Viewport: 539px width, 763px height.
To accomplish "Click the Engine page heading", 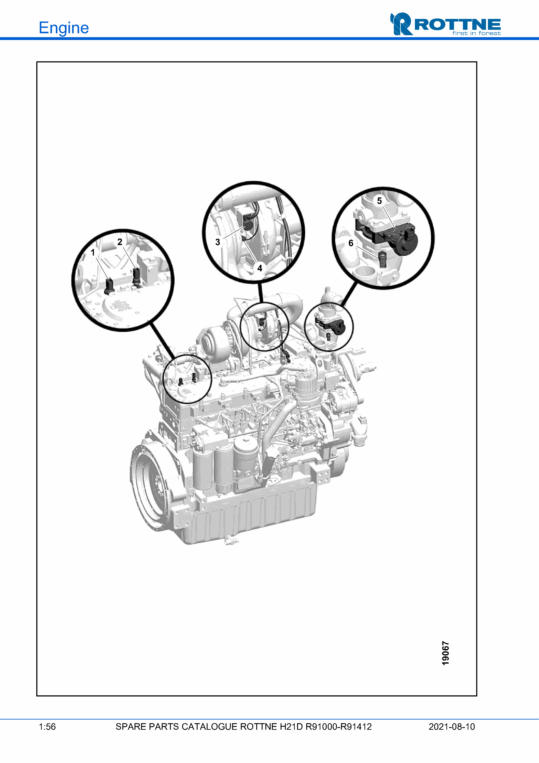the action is click(64, 28).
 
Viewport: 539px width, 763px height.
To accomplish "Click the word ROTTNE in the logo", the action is click(458, 25).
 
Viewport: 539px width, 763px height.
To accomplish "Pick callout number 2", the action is click(120, 242).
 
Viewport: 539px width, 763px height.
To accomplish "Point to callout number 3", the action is click(218, 242).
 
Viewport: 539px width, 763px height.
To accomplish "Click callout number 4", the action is click(260, 268).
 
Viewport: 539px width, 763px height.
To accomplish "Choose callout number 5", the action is click(379, 201).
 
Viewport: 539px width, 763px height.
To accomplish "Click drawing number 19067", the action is click(445, 653).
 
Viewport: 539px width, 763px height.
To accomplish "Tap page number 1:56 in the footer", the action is click(47, 727).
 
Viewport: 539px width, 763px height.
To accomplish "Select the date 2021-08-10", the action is click(452, 727).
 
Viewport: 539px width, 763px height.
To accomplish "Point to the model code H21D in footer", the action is click(291, 727).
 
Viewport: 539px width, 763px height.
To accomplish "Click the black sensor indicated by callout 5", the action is click(399, 238).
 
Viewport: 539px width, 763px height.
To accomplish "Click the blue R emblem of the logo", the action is click(401, 24).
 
